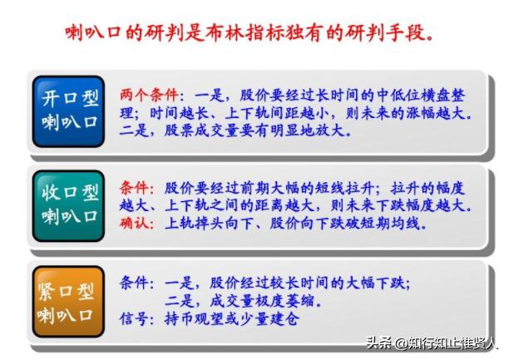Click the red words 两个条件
point(146,93)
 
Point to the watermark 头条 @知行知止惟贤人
point(433,343)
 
